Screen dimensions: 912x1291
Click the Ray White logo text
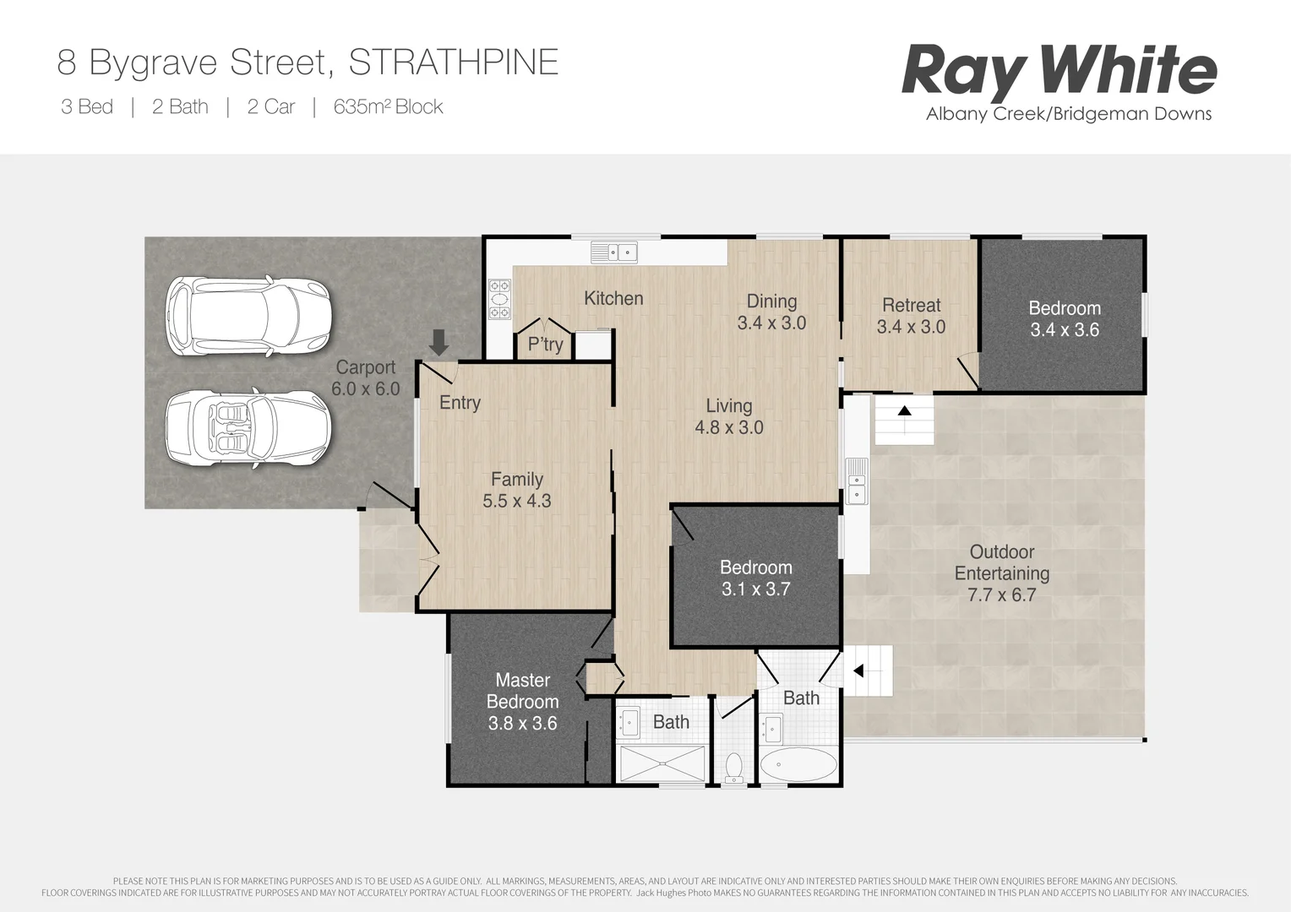click(1059, 71)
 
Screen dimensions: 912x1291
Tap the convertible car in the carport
click(246, 428)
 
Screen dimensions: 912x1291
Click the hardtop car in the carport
click(248, 316)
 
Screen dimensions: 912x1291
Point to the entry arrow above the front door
click(439, 343)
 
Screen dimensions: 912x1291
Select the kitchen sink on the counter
click(614, 252)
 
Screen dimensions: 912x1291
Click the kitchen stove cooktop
click(500, 299)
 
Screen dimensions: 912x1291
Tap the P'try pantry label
click(545, 344)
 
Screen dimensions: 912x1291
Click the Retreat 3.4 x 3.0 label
click(911, 316)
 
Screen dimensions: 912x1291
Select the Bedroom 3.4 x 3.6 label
click(1064, 319)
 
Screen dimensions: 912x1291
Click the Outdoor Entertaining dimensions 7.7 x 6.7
click(1001, 594)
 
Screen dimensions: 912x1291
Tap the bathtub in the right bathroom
click(798, 765)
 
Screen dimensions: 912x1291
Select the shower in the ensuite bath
click(662, 763)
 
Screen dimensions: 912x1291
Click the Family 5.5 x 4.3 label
click(516, 490)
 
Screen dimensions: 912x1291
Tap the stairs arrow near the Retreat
click(904, 411)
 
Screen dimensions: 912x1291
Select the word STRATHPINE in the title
click(453, 62)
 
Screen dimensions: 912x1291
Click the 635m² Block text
click(388, 106)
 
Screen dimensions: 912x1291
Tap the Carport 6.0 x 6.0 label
click(365, 377)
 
